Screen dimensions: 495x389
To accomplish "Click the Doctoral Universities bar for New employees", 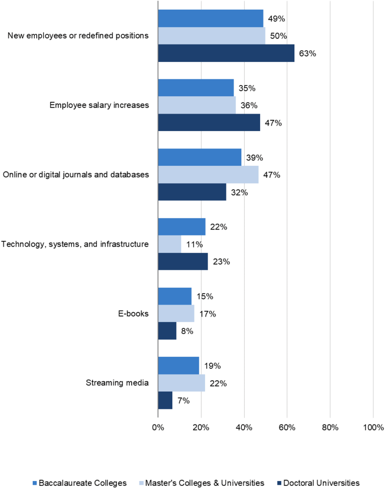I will [226, 53].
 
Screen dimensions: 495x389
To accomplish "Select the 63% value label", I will [307, 54].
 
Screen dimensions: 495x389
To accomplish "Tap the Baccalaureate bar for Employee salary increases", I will [196, 88].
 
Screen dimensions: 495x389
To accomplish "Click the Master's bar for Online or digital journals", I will [208, 175].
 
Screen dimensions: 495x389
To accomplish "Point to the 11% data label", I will [194, 245].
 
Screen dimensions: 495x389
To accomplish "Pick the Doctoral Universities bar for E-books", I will [167, 331].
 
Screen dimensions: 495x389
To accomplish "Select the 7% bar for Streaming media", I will [165, 401].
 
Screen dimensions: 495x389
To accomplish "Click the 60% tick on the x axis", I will [287, 427].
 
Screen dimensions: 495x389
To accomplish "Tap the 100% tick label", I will [373, 427].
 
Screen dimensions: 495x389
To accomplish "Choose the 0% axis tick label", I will [158, 427].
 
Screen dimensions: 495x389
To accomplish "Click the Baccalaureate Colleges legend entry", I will [79, 482].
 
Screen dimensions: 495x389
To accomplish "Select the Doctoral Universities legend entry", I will [319, 482].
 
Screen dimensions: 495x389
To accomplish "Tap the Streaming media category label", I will [117, 383].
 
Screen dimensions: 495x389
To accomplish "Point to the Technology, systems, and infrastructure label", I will [75, 244].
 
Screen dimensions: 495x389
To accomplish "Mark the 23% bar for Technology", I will [183, 262].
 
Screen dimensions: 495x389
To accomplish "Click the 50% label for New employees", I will [279, 36].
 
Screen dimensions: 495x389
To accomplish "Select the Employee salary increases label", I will [99, 105].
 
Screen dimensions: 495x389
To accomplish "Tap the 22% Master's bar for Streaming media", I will [181, 383].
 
